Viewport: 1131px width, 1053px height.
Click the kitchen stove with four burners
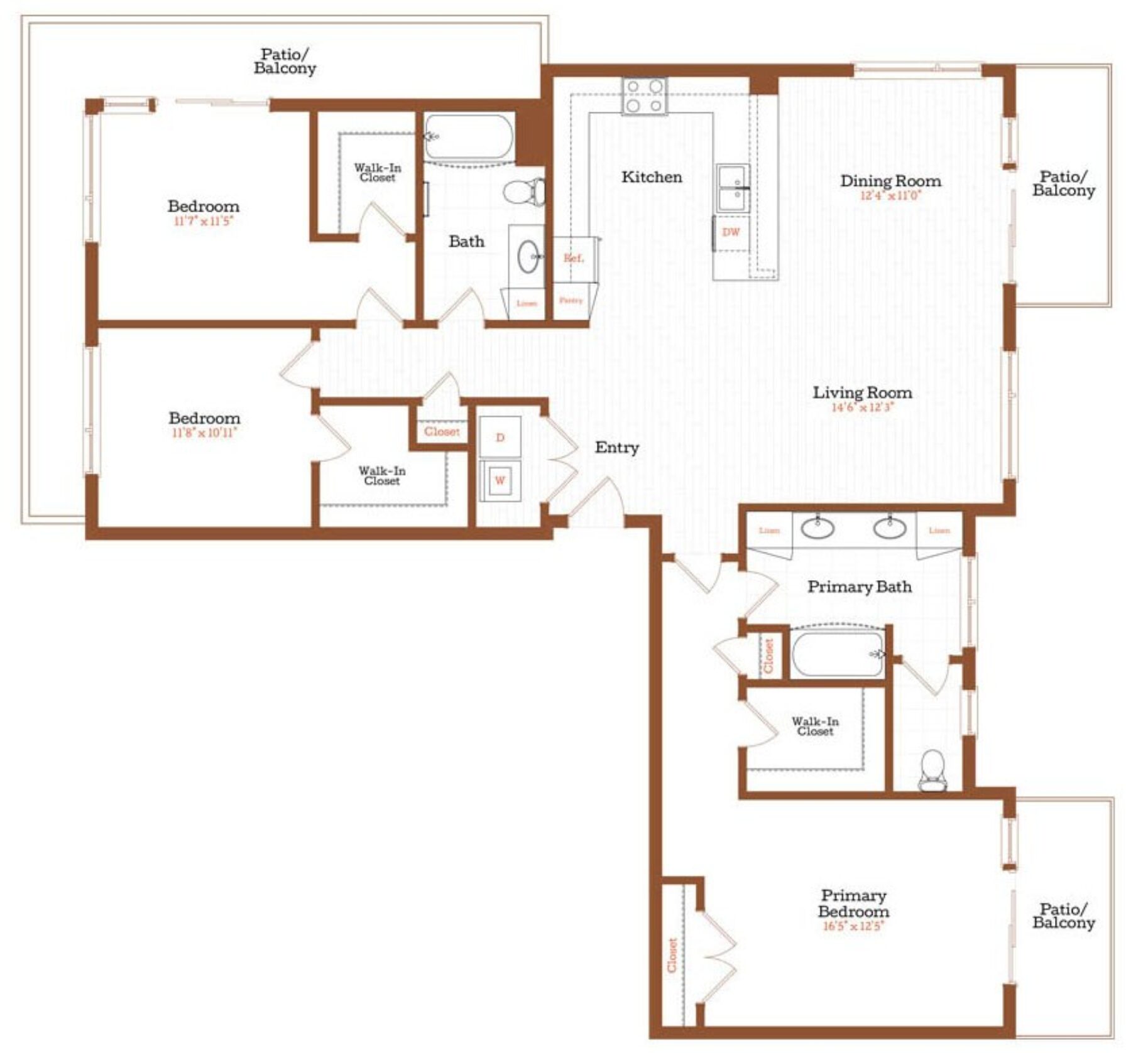click(x=644, y=96)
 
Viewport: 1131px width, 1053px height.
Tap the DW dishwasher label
click(x=731, y=232)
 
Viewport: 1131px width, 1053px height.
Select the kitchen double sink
click(x=733, y=188)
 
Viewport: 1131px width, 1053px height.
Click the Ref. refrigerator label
click(x=573, y=258)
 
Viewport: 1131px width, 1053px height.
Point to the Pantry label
click(x=571, y=301)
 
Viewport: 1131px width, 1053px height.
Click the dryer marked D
click(x=500, y=437)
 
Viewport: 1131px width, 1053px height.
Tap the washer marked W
click(x=500, y=480)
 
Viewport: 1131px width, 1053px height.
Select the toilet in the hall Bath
click(x=525, y=192)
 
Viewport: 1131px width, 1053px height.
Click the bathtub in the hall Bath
click(x=468, y=136)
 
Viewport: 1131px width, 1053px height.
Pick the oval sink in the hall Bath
click(x=528, y=256)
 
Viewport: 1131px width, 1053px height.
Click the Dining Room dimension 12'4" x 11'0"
click(x=890, y=195)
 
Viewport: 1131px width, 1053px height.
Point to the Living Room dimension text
click(x=862, y=407)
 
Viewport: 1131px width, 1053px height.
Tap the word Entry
click(x=616, y=448)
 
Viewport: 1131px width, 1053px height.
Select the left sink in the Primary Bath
click(x=817, y=527)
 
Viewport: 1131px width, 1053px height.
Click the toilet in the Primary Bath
click(x=932, y=771)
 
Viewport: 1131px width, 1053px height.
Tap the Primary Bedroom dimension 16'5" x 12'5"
click(x=853, y=926)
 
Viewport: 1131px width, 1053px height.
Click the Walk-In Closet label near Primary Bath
click(x=815, y=726)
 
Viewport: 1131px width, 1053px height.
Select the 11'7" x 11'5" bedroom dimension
click(x=203, y=221)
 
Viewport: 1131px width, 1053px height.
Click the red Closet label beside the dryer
click(x=442, y=431)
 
